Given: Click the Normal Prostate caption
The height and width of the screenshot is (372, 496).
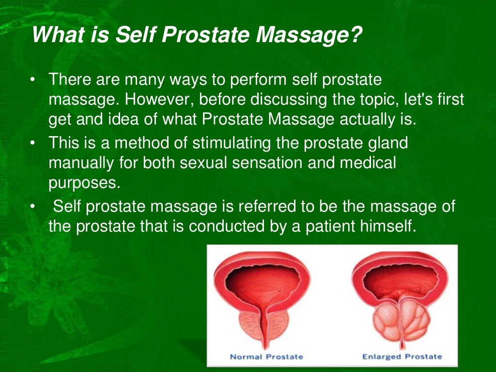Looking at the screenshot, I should [x=266, y=356].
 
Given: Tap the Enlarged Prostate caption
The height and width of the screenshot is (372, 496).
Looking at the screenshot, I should [x=402, y=356].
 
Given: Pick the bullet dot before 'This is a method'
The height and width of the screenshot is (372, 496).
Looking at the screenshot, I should [x=32, y=143].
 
